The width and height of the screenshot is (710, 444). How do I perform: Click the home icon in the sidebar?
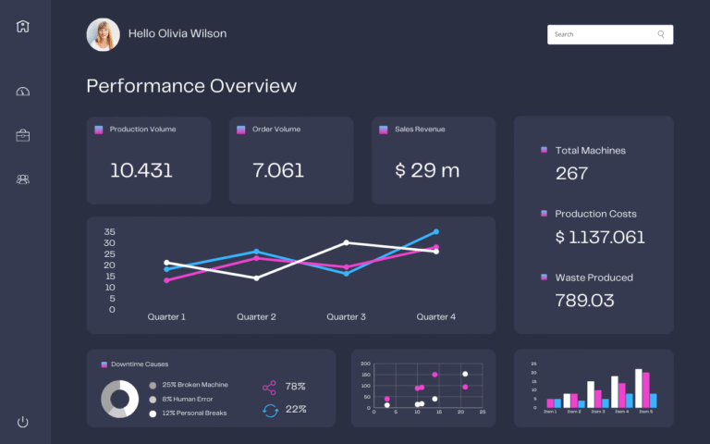point(23,26)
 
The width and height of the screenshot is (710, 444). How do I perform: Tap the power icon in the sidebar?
point(23,422)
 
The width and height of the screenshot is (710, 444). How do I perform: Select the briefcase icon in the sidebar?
point(23,135)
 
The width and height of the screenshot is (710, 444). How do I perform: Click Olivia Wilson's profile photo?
point(103,34)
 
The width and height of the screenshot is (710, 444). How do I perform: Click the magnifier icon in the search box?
point(661,34)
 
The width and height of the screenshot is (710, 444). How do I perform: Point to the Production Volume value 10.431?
point(141,170)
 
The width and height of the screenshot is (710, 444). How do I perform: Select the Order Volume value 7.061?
point(278,170)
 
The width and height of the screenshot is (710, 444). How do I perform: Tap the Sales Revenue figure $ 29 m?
point(427,170)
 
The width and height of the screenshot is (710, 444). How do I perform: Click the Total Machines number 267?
point(572,173)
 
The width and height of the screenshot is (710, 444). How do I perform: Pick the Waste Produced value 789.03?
point(585,300)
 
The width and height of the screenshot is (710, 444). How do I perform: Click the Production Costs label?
point(595,214)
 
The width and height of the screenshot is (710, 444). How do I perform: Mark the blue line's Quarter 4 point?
point(435,232)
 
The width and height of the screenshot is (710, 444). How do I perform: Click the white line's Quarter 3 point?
point(346,242)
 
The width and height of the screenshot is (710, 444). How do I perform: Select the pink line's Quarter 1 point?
point(166,280)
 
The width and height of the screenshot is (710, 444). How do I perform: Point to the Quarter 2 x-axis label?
point(256,316)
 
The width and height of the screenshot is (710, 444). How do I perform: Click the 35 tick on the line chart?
point(110,231)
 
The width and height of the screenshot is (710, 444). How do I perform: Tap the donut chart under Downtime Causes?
point(119,398)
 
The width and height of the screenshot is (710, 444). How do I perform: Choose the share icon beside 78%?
point(270,387)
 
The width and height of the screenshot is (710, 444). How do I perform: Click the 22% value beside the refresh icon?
point(296,409)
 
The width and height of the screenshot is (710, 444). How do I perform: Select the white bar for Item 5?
point(639,388)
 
